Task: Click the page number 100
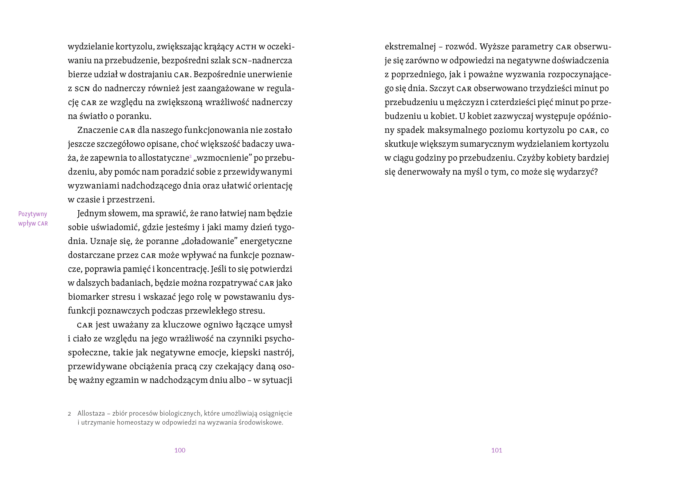(x=180, y=450)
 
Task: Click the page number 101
(x=497, y=450)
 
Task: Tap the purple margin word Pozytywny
(x=33, y=214)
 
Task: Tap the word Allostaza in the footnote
(x=91, y=413)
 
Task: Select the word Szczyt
(x=442, y=88)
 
